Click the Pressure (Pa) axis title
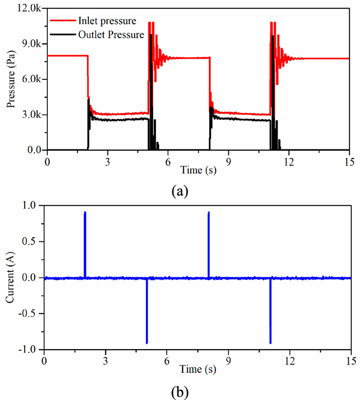pos(11,80)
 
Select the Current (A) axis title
pos(11,278)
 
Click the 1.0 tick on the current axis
pos(32,205)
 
